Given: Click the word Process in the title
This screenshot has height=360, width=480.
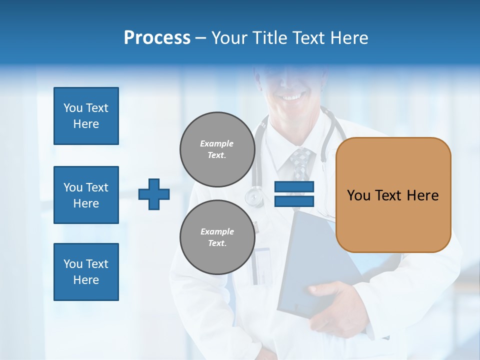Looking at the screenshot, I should (157, 38).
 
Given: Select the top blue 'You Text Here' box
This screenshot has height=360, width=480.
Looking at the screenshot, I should (86, 116).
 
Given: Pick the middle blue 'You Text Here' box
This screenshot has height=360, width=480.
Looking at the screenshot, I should (86, 195).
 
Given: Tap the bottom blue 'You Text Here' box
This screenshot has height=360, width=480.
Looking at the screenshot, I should (86, 272).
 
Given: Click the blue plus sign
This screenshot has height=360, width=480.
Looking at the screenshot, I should (154, 194).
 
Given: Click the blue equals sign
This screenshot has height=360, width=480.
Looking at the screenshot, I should (294, 194).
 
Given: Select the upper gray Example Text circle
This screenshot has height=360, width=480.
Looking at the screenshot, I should (217, 149).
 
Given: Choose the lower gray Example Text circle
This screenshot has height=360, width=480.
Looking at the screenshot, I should (217, 237).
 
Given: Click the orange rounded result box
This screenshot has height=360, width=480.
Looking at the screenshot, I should (393, 194).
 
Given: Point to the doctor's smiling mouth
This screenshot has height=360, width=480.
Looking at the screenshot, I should (292, 95).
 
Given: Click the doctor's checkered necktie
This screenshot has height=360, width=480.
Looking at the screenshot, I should (300, 163).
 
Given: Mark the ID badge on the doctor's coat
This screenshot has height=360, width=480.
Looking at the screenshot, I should (261, 265).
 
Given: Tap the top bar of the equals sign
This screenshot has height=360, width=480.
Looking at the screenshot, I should (294, 187).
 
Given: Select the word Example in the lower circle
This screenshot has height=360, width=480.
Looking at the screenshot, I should (217, 231).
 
